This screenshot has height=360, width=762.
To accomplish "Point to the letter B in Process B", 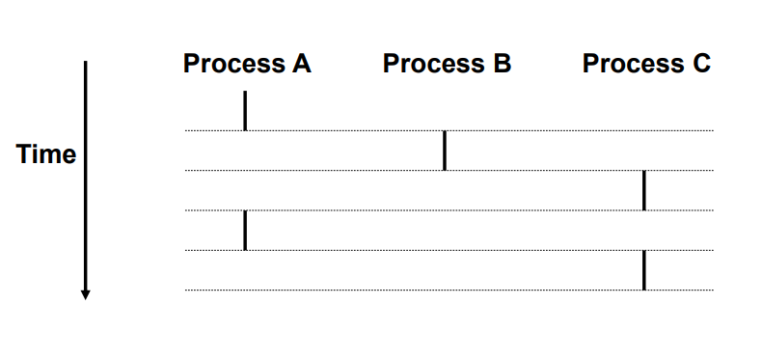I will click(502, 65).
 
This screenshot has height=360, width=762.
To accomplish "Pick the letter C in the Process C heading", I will click(701, 65).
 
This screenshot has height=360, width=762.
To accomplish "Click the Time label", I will click(46, 154).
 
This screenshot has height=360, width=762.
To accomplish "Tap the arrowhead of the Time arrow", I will click(85, 293).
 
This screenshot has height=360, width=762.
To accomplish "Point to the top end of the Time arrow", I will click(85, 63).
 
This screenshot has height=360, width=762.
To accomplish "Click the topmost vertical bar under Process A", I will click(245, 110).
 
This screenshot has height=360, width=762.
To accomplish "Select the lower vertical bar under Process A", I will click(245, 230).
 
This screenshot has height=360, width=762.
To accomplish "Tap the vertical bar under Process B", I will click(444, 151).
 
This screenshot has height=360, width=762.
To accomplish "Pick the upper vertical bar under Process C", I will click(643, 190).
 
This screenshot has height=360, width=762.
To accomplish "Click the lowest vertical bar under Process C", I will click(643, 270).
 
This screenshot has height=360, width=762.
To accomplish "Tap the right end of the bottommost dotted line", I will click(712, 290).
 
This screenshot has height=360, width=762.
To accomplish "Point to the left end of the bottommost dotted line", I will click(187, 290).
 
